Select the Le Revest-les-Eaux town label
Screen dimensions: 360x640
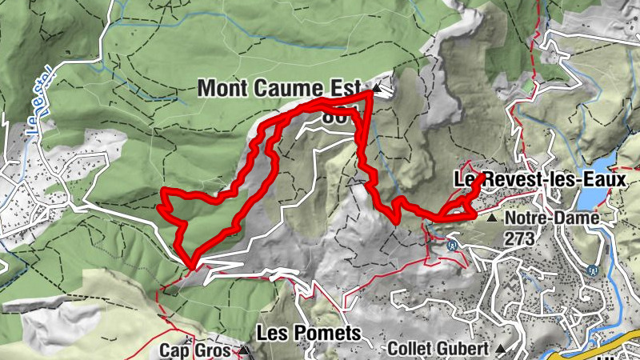click(x=540, y=180)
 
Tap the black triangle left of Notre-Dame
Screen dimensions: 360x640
click(x=491, y=218)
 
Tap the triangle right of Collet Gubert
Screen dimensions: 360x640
click(x=500, y=349)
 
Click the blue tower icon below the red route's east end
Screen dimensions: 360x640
click(x=454, y=245)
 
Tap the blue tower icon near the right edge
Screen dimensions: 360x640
click(x=593, y=270)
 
